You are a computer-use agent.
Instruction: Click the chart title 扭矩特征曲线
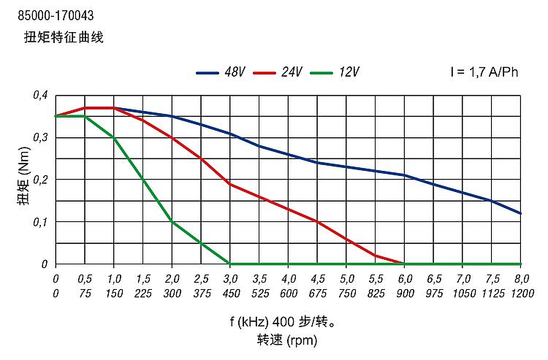(64, 37)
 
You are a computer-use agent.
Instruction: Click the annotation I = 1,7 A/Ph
(484, 72)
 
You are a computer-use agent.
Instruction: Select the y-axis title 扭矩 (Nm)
(24, 180)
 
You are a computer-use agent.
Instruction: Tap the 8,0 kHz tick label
(521, 279)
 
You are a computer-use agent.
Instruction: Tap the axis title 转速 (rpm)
(286, 340)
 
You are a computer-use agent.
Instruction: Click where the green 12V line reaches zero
(230, 264)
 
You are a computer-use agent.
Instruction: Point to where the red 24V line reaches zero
(404, 264)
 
